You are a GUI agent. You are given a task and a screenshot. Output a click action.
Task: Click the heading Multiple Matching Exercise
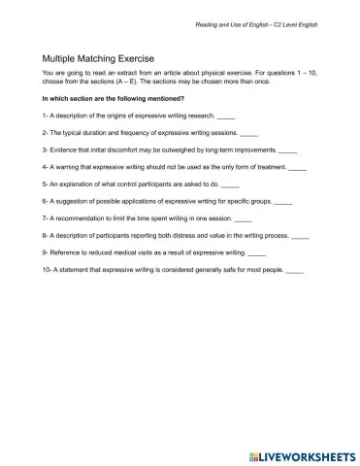click(x=93, y=58)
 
